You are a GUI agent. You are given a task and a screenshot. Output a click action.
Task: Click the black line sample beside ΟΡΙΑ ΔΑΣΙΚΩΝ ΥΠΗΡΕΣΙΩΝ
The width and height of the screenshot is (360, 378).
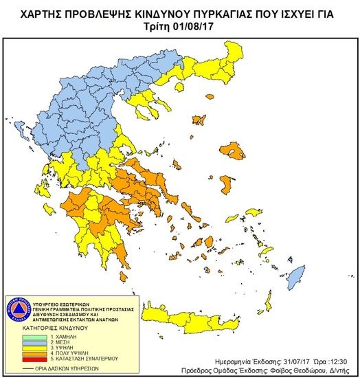coord(34,366)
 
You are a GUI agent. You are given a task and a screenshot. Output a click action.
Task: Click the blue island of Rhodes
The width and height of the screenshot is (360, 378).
coord(295,278)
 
